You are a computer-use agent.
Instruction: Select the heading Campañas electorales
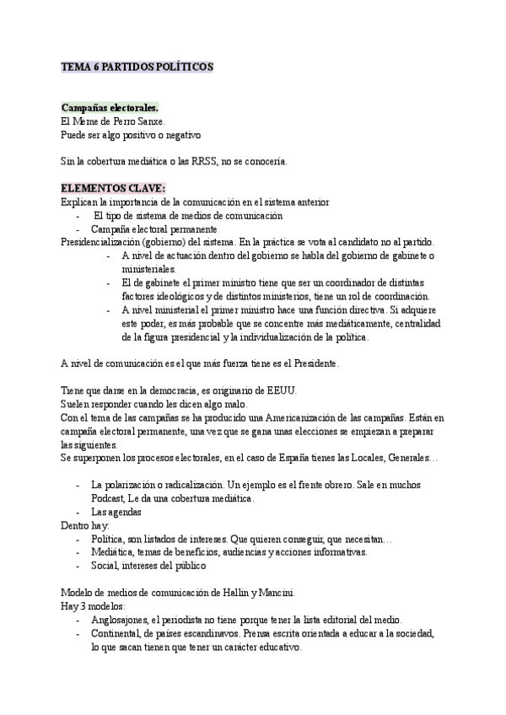pyautogui.click(x=110, y=109)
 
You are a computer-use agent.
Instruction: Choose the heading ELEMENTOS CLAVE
pyautogui.click(x=113, y=187)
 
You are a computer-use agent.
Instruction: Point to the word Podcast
pyautogui.click(x=110, y=499)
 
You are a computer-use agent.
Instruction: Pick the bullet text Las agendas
pyautogui.click(x=116, y=513)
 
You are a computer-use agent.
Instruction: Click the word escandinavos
pyautogui.click(x=245, y=634)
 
